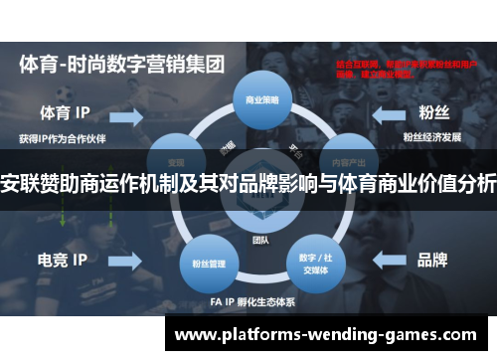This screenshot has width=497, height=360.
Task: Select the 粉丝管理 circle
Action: click(x=203, y=240)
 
